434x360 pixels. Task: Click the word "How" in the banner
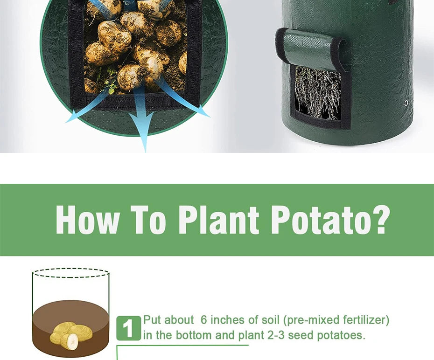point(88,220)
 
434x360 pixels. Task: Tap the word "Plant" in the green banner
point(218,220)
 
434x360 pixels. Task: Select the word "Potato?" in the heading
point(330,220)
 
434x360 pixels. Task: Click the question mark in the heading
point(381,220)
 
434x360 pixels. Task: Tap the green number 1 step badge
point(128,328)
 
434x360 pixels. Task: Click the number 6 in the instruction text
point(204,320)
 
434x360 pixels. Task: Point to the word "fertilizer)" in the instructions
point(366,320)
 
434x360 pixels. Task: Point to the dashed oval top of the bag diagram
point(71,269)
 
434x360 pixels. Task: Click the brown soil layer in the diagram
point(70,329)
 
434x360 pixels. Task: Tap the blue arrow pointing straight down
point(142,119)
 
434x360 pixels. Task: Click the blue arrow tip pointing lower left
point(72,117)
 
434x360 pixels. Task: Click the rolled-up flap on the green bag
point(310,48)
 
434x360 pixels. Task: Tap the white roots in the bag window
point(318,93)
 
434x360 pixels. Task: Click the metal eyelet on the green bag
point(406,103)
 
